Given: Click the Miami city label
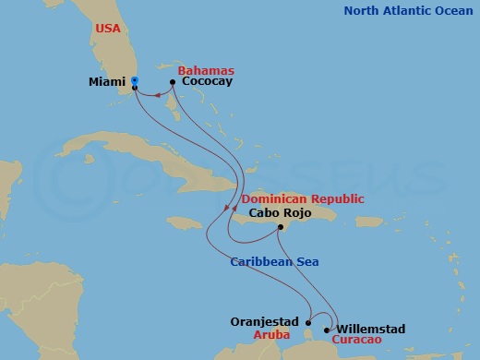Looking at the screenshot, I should click(x=107, y=82).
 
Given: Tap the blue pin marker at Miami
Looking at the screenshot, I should click(x=135, y=81).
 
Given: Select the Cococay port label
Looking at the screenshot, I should click(x=208, y=82).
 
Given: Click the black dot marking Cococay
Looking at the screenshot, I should click(x=174, y=82).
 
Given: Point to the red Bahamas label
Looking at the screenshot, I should click(x=207, y=70).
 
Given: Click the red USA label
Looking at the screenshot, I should click(x=108, y=29).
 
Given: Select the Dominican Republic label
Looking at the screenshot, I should click(x=302, y=198).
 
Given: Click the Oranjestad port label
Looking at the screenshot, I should click(x=264, y=322).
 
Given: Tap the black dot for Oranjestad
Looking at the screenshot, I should click(x=308, y=323).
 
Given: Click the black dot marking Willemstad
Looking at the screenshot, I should click(x=329, y=329).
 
